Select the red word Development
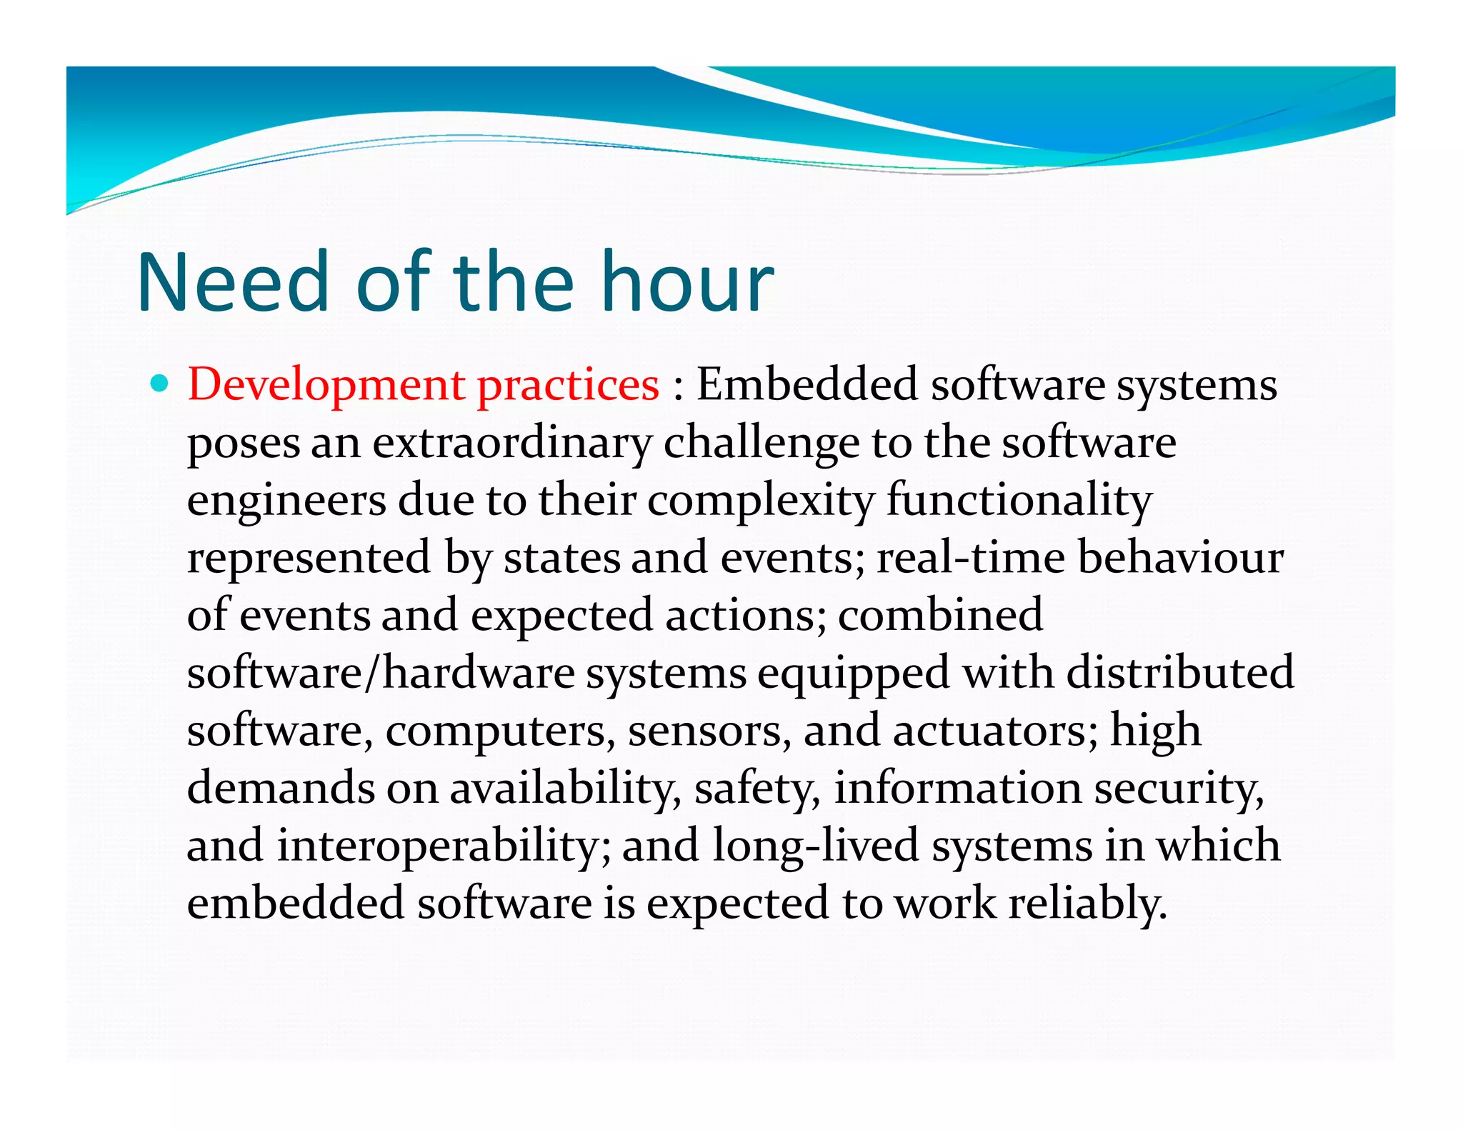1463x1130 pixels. coord(326,386)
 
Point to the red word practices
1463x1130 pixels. coord(568,386)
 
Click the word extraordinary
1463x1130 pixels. coord(511,444)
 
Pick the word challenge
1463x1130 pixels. coord(762,444)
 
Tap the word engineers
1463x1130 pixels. coord(286,501)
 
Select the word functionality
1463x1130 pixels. coord(1019,501)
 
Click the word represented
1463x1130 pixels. coord(309,558)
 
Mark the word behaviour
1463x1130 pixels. coord(1180,558)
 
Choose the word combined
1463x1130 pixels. coord(940,616)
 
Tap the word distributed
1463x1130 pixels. coord(1180,674)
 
